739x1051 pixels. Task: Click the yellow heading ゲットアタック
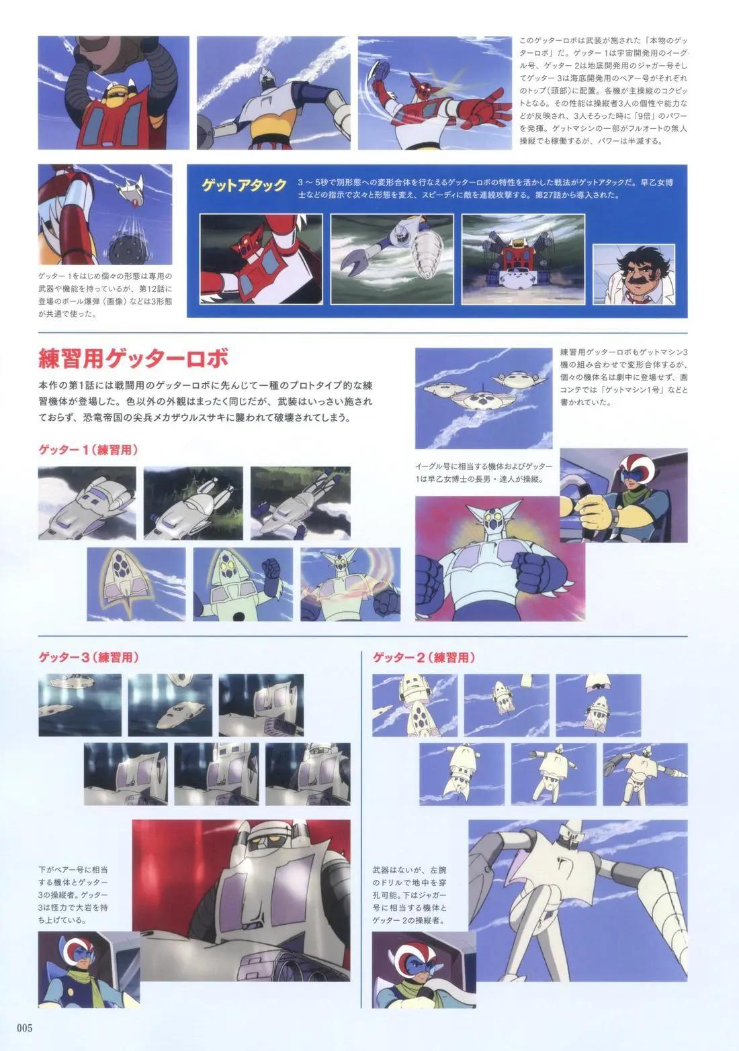tap(244, 185)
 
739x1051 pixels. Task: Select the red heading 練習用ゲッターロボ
tap(133, 358)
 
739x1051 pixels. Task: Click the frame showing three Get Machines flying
tap(483, 398)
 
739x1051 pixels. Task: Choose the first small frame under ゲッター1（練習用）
tap(87, 503)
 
